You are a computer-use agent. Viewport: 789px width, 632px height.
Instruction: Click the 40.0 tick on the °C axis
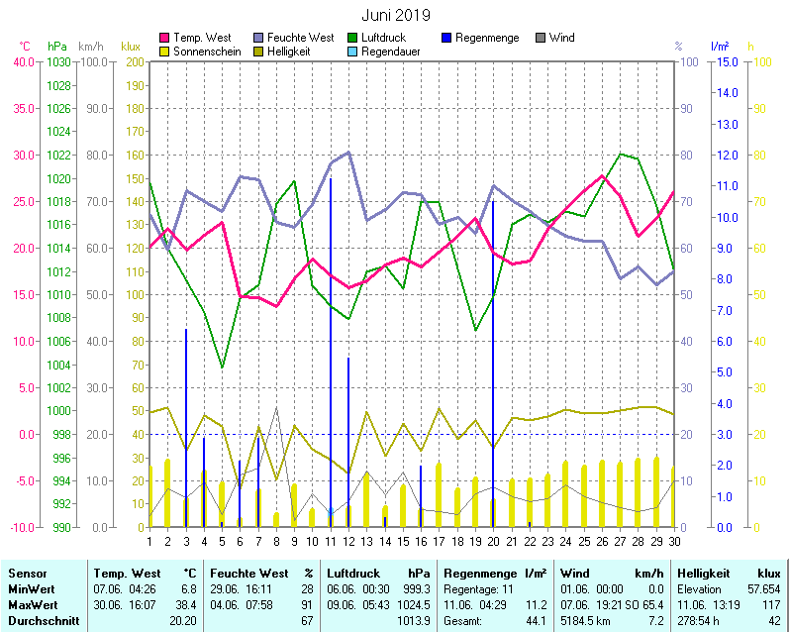point(24,61)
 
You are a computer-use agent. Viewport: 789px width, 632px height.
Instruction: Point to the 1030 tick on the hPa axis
point(58,61)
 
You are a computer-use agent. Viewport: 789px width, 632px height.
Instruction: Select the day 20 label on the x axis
point(493,541)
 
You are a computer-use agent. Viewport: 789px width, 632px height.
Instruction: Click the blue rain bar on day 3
point(186,427)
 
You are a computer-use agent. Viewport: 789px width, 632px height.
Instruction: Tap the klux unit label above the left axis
point(131,47)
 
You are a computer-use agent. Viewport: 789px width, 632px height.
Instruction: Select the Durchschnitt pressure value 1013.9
point(416,621)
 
